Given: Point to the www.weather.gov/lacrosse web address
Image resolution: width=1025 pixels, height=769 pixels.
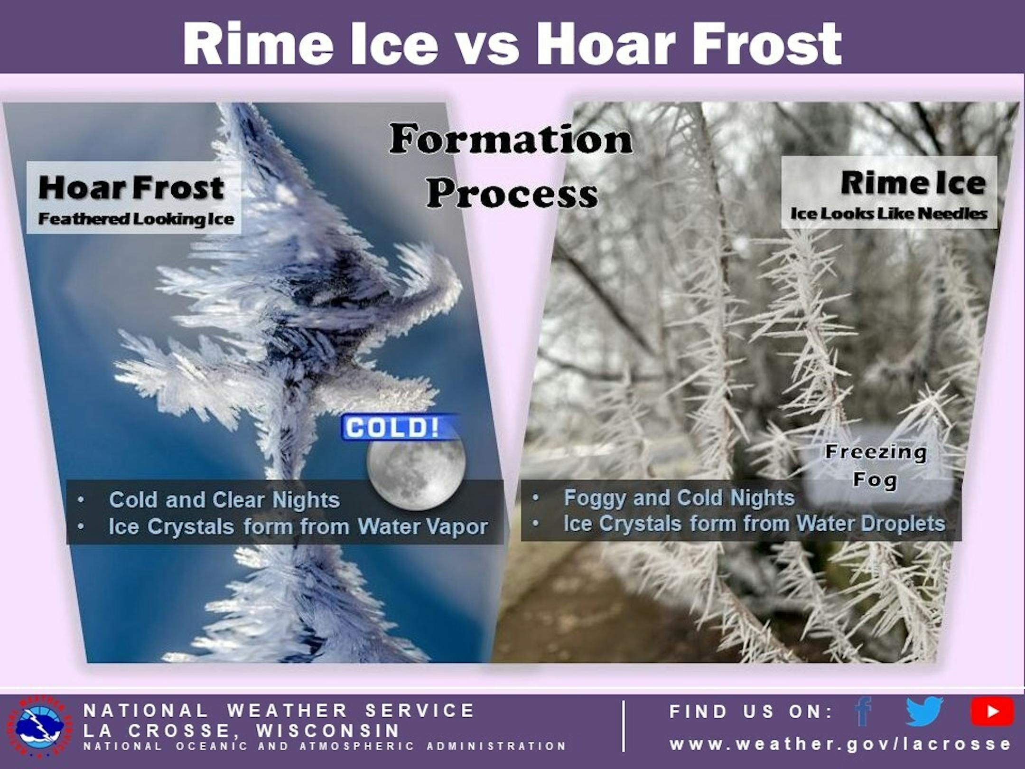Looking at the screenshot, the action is (840, 743).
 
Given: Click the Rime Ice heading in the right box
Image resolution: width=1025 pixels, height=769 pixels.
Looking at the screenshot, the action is (913, 183).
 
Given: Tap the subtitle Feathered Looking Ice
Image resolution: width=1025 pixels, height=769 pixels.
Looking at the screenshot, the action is (136, 219).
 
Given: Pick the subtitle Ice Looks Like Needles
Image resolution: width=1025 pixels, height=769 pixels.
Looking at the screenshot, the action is (889, 214).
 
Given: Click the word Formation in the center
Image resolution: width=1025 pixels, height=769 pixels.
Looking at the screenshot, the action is (511, 140).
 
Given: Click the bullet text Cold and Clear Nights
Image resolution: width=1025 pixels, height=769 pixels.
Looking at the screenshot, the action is (224, 500).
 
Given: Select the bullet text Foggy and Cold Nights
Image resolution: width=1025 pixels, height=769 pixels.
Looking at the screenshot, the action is (679, 498).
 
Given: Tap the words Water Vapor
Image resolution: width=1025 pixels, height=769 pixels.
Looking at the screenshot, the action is (423, 527).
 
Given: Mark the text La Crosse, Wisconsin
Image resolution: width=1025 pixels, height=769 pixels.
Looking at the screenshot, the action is (242, 731).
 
